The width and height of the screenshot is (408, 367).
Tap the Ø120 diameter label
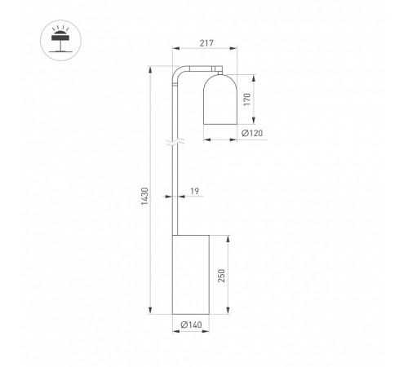tap(254, 133)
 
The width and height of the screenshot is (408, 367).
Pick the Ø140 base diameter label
tap(191, 326)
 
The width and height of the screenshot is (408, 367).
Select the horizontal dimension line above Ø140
tap(191, 319)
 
